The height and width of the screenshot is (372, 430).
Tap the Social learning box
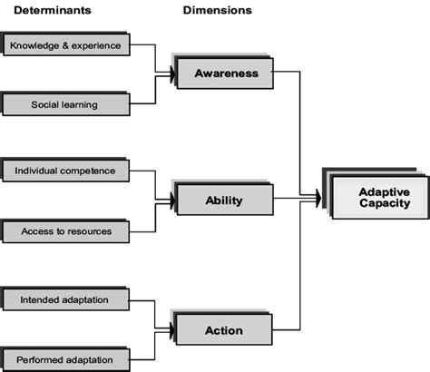click(67, 104)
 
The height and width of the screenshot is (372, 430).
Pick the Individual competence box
click(67, 170)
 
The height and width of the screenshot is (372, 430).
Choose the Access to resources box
click(67, 231)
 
